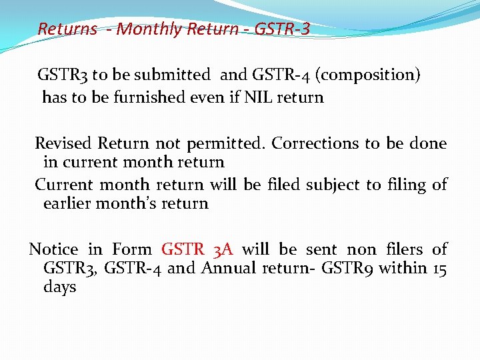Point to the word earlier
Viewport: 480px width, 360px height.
(x=68, y=203)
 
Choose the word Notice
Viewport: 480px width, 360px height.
(x=53, y=249)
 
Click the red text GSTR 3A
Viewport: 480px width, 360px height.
(x=197, y=249)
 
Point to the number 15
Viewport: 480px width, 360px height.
(x=439, y=268)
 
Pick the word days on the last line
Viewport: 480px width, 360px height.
(x=59, y=288)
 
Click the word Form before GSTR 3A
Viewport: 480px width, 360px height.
(x=131, y=249)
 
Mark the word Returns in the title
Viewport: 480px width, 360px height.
(x=67, y=29)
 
